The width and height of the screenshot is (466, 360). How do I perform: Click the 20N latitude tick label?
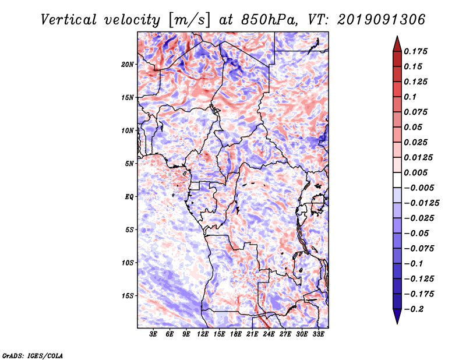[x=128, y=64]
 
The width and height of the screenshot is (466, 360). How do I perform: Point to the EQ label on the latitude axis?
[x=129, y=197]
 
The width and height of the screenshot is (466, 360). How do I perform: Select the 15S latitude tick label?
[x=128, y=296]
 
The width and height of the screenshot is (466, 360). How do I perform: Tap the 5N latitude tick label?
[x=129, y=164]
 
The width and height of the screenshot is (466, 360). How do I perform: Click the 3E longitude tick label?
[x=154, y=335]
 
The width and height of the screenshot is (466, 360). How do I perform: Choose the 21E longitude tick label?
[x=252, y=335]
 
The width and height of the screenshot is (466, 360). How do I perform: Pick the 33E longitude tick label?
[x=318, y=335]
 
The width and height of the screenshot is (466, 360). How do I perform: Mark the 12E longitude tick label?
[x=203, y=335]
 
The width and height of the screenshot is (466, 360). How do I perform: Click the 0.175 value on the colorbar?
[x=417, y=51]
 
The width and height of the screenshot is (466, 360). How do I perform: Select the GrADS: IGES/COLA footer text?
[x=32, y=355]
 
